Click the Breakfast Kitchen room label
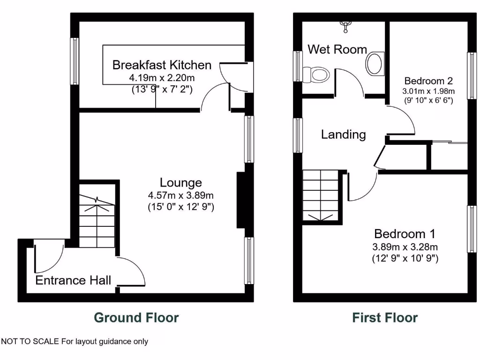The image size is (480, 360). point(162,65)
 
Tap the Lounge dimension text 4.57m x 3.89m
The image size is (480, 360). point(180,195)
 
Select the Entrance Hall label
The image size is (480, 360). point(73,280)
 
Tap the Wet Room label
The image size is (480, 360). point(337,49)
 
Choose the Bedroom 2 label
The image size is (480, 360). point(428,80)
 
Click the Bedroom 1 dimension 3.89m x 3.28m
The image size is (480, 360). point(405,247)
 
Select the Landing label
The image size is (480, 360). point(343,135)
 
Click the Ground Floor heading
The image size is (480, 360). point(136,318)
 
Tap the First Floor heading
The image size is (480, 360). point(385,318)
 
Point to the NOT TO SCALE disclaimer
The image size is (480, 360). point(75,341)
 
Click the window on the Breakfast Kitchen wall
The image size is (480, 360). point(75,61)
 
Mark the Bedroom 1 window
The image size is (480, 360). point(471,229)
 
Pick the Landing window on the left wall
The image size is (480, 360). point(298,135)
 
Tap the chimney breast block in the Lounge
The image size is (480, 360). point(241,200)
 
